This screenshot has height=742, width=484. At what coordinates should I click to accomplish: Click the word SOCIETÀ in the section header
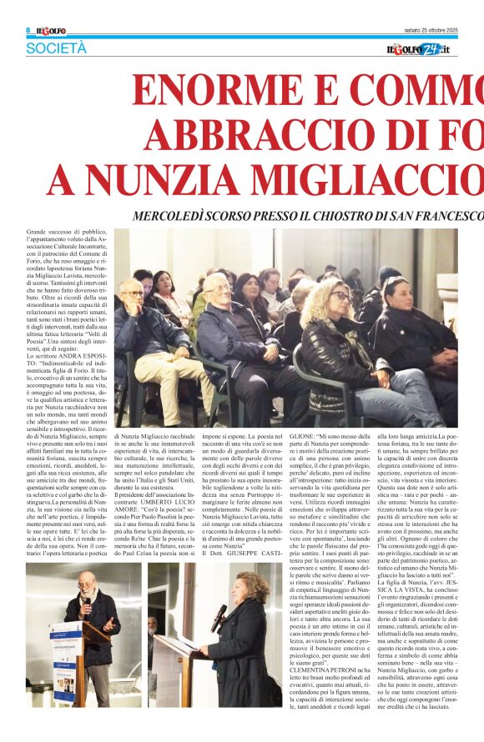point(56,48)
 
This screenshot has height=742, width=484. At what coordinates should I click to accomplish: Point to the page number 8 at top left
point(28,30)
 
